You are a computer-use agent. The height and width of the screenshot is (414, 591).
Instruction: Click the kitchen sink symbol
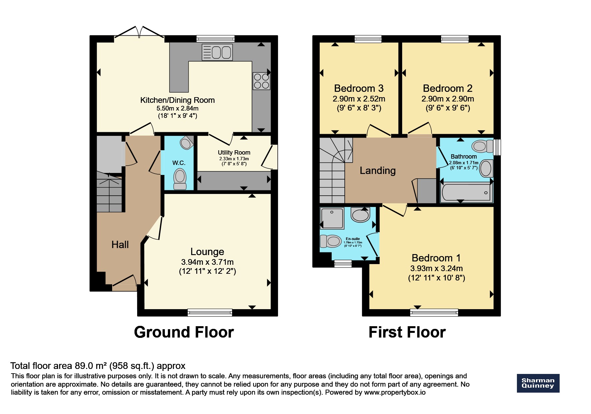pos(217,52)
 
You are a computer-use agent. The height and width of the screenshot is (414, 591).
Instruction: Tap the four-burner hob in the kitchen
pos(261,81)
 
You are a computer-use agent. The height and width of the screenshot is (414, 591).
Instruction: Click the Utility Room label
pos(234,153)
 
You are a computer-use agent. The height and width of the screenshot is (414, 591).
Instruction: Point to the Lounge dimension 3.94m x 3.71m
pos(207,262)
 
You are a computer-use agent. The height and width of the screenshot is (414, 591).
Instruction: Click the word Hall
pos(120,245)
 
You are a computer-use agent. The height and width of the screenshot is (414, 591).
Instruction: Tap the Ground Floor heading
pos(184,332)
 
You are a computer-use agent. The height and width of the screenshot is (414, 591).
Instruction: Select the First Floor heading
pos(407,332)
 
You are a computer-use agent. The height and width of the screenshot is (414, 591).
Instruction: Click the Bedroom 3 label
pos(359,88)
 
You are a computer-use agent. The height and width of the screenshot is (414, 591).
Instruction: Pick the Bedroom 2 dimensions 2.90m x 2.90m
pos(448,99)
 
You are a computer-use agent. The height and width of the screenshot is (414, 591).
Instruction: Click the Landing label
pos(377,171)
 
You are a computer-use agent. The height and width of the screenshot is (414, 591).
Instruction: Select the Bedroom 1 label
pos(436,258)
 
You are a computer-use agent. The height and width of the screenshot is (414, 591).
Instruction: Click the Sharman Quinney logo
pos(538,383)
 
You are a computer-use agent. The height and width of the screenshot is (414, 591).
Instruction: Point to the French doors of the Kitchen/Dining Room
pos(139,33)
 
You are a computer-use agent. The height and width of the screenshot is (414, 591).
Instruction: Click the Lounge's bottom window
pos(210,313)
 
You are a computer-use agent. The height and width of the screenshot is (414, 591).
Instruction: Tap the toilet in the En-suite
pos(330,241)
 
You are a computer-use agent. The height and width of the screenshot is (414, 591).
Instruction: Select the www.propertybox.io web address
pos(394,393)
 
